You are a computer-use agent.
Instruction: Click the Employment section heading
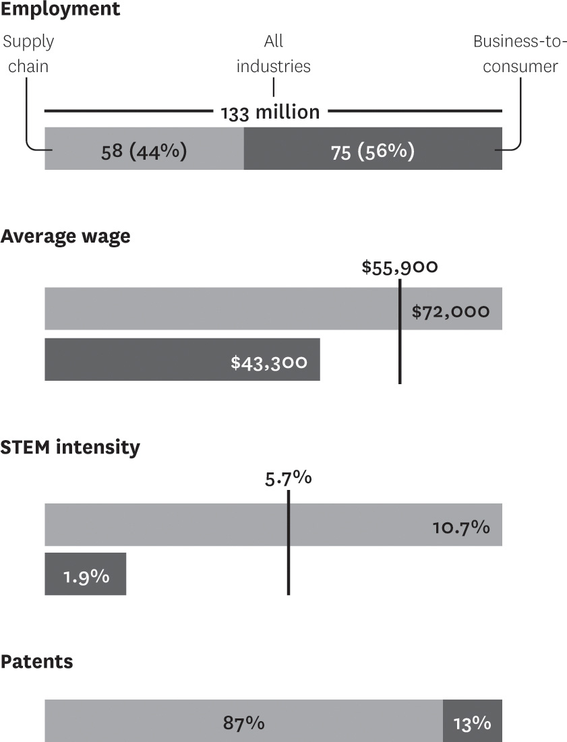point(60,9)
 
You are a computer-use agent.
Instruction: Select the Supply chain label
point(28,54)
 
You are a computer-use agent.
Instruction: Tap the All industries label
point(273,54)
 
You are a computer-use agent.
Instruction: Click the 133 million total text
point(270,112)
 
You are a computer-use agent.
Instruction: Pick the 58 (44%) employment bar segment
point(144,149)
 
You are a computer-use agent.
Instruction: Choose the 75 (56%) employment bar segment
point(372,149)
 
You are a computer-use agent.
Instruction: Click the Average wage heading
point(65,237)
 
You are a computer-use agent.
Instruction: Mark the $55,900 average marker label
point(400,267)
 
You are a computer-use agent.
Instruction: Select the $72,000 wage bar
point(273,309)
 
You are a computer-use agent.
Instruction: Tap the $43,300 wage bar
point(182,360)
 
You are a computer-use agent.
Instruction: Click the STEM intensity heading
point(70,447)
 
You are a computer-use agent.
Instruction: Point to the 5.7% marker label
point(288,478)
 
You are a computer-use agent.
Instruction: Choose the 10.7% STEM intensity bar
point(273,524)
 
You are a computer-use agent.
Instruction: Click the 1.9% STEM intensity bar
point(86,574)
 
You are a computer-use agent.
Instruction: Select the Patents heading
point(36,662)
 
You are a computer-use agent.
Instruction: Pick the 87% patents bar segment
point(243,721)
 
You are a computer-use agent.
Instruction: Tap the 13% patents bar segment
point(472,721)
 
